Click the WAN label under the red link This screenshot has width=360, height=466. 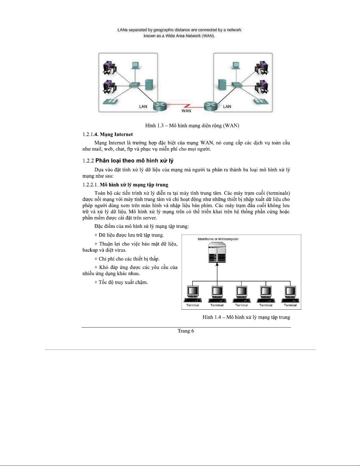[186, 111]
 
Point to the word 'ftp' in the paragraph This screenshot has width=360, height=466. [130, 149]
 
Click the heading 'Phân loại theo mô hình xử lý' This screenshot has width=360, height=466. [134, 161]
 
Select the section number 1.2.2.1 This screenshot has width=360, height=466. [90, 185]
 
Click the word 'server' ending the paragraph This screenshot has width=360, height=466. [149, 218]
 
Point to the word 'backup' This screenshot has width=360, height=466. [90, 250]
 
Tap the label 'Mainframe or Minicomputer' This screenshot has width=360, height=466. [218, 239]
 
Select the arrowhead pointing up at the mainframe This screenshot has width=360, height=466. [217, 265]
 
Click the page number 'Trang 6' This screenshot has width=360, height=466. [186, 331]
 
